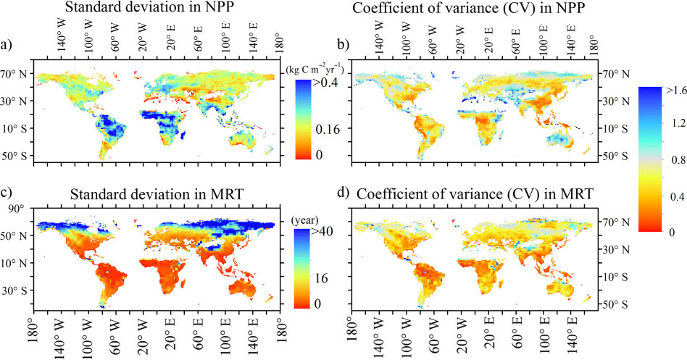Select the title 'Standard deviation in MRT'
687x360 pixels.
click(x=157, y=193)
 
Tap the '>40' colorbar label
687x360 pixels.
click(x=322, y=231)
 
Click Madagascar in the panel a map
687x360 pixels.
click(x=183, y=135)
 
